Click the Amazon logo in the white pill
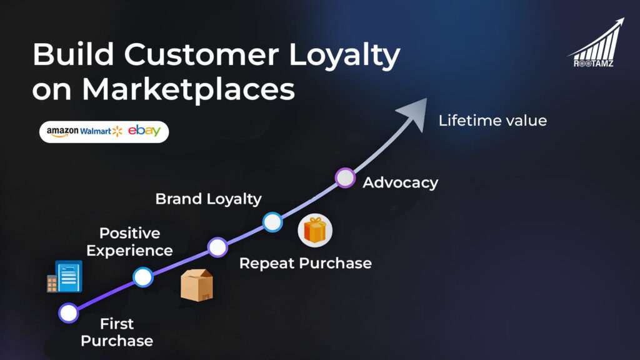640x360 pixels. [62, 131]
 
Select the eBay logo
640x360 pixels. [144, 131]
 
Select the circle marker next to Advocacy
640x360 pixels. [345, 178]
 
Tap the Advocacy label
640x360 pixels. [400, 183]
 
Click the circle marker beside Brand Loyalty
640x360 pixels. [272, 222]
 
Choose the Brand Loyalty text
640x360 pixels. [208, 199]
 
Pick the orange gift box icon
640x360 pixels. [315, 231]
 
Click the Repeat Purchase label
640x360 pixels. [305, 263]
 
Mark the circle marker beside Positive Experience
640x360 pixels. [217, 247]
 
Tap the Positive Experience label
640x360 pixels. [129, 242]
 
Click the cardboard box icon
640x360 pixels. [196, 286]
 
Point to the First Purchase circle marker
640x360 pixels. [69, 312]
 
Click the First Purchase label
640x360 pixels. [117, 332]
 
